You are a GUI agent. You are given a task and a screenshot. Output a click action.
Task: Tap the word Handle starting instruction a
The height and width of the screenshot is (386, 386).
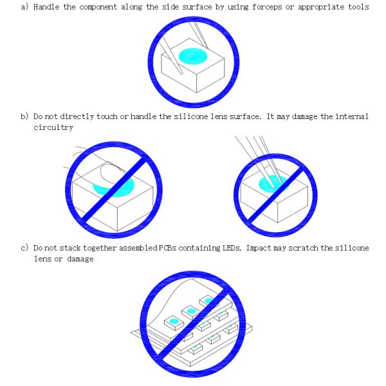click(46, 6)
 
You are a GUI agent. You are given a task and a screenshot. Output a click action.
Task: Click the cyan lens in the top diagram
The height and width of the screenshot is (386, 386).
click(193, 56)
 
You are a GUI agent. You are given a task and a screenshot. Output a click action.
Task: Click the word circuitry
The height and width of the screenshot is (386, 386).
click(53, 127)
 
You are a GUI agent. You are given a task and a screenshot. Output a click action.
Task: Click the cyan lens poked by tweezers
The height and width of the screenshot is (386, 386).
click(273, 184)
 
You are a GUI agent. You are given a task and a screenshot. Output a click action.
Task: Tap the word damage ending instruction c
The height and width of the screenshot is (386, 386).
click(80, 259)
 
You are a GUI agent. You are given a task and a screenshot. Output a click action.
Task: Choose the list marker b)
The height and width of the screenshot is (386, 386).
click(24, 116)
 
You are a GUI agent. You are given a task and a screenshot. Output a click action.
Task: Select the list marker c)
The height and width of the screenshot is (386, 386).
click(24, 248)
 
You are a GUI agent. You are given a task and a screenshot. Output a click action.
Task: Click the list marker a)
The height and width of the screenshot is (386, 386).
click(24, 6)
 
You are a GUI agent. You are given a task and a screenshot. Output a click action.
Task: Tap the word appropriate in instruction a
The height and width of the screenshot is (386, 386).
click(321, 7)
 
